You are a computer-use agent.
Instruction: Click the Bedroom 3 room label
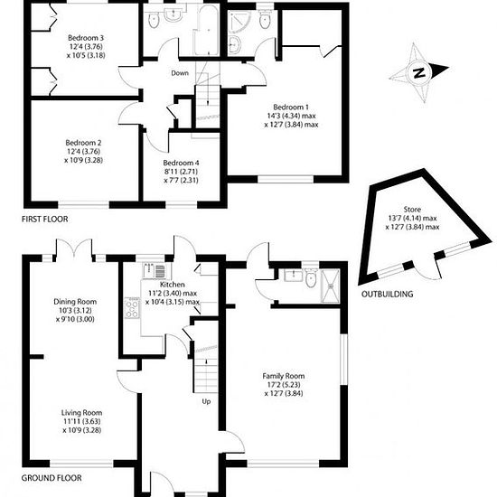click(x=86, y=38)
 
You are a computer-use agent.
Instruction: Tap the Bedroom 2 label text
click(x=83, y=143)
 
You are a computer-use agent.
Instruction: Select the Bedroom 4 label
click(x=181, y=163)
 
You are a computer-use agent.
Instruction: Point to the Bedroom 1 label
click(x=291, y=108)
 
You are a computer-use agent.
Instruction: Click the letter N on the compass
click(x=419, y=73)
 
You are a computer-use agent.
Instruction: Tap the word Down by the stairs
click(x=180, y=73)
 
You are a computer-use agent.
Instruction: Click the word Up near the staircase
click(x=206, y=402)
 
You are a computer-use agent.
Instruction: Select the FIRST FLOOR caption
click(x=44, y=219)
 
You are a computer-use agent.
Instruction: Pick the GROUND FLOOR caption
click(x=52, y=478)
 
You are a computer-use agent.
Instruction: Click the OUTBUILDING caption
click(x=388, y=295)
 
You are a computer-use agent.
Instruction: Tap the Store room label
click(x=412, y=210)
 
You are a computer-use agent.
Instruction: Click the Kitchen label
click(x=172, y=285)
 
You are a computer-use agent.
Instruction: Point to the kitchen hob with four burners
click(x=132, y=308)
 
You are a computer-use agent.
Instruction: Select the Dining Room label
click(x=75, y=302)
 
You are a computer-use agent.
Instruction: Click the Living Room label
click(x=81, y=413)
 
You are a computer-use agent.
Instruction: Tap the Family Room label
click(x=284, y=376)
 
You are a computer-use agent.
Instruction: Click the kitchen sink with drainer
click(x=154, y=270)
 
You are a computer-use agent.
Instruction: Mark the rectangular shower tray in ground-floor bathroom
click(x=330, y=286)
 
